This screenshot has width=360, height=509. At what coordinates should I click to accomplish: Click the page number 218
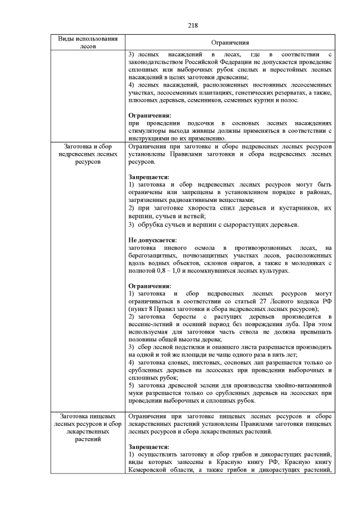pos(180,25)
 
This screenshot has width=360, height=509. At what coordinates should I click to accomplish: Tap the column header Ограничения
pos(230,42)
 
